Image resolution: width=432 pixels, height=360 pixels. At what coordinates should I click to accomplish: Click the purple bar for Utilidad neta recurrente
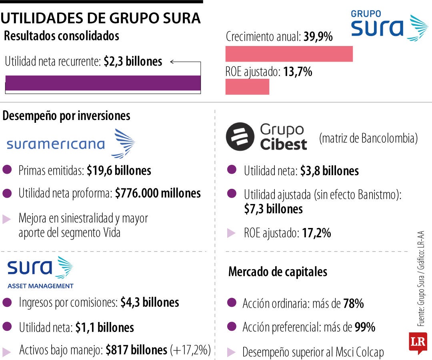(103, 83)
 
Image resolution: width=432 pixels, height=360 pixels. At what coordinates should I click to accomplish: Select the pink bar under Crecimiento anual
(289, 54)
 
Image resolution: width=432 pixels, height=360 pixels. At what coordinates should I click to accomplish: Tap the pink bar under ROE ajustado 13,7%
(247, 86)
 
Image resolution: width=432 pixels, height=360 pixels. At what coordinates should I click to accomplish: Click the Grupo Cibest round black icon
(240, 136)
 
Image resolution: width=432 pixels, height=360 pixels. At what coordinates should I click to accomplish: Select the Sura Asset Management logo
(40, 272)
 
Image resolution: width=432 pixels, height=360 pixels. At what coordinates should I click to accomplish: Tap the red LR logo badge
(418, 342)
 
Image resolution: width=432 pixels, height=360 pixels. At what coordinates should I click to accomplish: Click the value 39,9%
(318, 37)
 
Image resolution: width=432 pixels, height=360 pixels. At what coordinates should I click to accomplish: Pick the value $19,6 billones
(119, 170)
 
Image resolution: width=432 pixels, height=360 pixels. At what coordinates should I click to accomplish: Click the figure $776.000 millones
(158, 193)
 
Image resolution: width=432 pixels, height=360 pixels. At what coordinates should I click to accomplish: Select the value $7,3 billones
(273, 209)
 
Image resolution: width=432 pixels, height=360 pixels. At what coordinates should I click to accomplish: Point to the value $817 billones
(136, 350)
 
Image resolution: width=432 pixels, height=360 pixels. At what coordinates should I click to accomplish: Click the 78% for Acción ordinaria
(353, 304)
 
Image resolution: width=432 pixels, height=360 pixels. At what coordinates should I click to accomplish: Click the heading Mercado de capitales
(278, 272)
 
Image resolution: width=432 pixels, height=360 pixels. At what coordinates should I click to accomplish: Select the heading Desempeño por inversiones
(66, 116)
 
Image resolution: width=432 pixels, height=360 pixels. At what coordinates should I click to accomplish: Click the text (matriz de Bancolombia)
(368, 138)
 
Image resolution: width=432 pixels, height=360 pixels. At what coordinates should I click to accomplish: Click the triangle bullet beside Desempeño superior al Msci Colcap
(231, 352)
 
